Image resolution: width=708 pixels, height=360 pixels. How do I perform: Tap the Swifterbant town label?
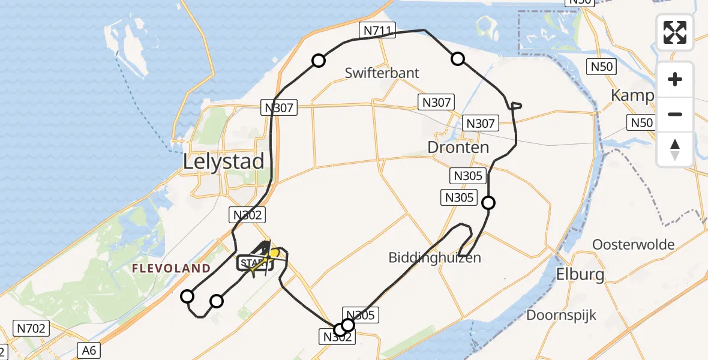click(382, 73)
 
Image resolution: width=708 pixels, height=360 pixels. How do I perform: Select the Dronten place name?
click(458, 147)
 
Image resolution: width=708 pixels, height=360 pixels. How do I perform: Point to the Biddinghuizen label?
click(434, 258)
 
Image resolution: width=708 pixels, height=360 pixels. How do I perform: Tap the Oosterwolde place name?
click(633, 245)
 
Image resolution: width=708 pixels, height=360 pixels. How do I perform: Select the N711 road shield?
click(377, 30)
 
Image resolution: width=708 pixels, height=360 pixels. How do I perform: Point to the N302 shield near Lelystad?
click(246, 215)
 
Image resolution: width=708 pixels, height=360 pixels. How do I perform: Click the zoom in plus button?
click(675, 79)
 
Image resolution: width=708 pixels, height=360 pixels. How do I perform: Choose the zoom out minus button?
click(675, 114)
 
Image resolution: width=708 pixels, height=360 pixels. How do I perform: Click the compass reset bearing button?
click(675, 149)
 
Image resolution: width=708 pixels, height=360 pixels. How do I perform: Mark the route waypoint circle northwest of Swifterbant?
click(319, 61)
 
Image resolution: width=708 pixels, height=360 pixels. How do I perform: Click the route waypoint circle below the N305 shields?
click(489, 203)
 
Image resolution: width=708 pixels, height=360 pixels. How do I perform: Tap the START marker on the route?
click(252, 263)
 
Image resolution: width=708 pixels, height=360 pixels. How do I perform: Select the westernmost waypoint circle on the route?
click(188, 296)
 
